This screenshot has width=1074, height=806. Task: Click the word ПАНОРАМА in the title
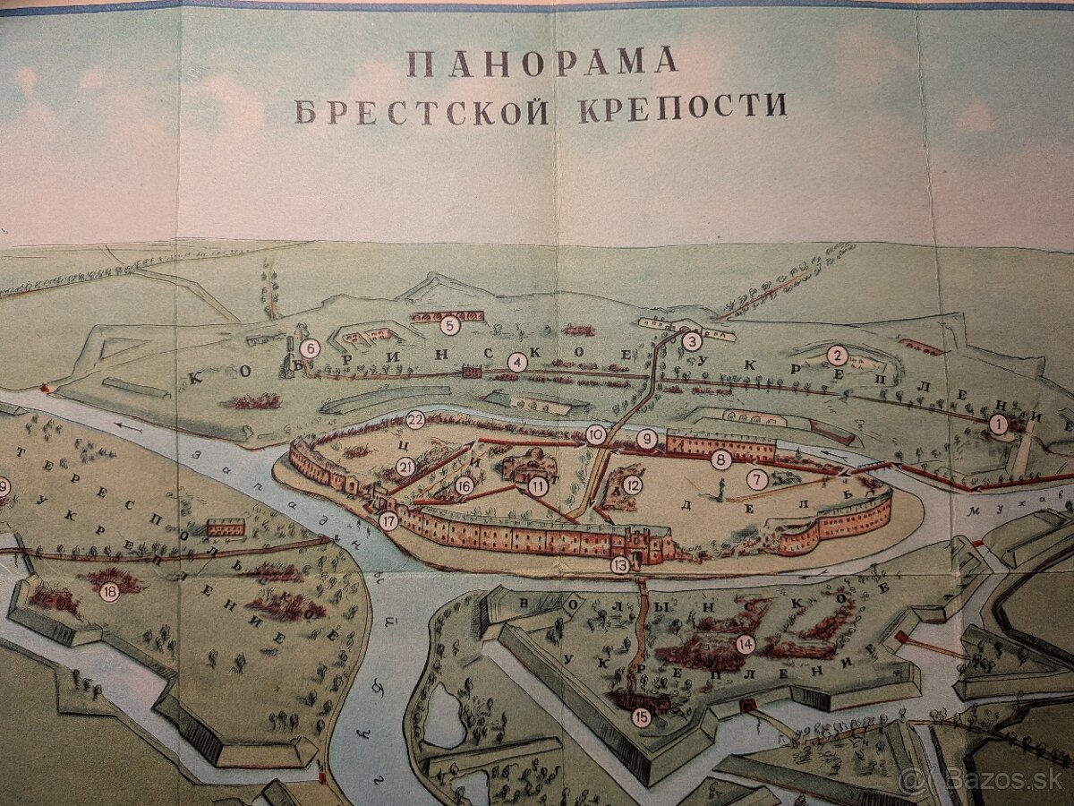click(x=541, y=62)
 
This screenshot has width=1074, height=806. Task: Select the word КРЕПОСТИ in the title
click(x=683, y=106)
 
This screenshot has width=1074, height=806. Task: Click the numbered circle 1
click(x=998, y=425)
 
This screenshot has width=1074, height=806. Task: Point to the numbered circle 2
click(x=837, y=354)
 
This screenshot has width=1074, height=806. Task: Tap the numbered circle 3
click(x=692, y=340)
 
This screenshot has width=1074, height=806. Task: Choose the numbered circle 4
click(x=516, y=363)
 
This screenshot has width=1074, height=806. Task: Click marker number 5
click(x=450, y=326)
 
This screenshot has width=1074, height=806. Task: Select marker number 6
click(x=310, y=349)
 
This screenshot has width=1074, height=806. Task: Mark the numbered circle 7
click(x=758, y=480)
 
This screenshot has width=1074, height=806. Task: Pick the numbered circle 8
click(x=720, y=460)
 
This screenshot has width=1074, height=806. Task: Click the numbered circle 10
click(x=596, y=435)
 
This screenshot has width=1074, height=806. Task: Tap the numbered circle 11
click(x=538, y=486)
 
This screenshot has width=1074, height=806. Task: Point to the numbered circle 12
click(x=633, y=485)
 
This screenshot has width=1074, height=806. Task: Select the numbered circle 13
click(x=620, y=565)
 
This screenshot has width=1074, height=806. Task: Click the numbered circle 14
click(x=745, y=644)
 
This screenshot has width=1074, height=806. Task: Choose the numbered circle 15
click(x=640, y=716)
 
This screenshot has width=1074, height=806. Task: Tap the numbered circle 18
click(x=109, y=591)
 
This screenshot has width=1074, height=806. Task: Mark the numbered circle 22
click(x=415, y=419)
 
